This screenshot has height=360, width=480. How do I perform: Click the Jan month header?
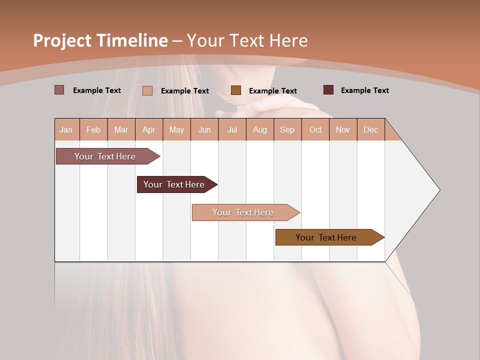pyautogui.click(x=66, y=129)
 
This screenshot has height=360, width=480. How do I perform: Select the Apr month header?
pyautogui.click(x=149, y=129)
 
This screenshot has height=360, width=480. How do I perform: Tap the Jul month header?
pyautogui.click(x=232, y=129)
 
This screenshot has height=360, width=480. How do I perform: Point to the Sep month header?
pyautogui.click(x=287, y=129)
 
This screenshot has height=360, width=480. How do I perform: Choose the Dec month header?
pyautogui.click(x=370, y=129)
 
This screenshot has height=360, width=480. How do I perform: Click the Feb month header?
pyautogui.click(x=93, y=129)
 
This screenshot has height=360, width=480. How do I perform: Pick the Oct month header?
pyautogui.click(x=315, y=129)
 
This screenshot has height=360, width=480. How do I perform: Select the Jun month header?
pyautogui.click(x=204, y=129)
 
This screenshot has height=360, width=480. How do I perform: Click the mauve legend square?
pyautogui.click(x=59, y=90)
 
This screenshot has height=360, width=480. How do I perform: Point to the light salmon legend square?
pyautogui.click(x=147, y=90)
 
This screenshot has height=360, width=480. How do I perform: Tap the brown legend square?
pyautogui.click(x=236, y=90)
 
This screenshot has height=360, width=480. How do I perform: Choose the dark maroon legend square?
pyautogui.click(x=328, y=90)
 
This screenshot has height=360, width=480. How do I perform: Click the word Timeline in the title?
pyautogui.click(x=132, y=40)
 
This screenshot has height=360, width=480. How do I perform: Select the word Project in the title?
pyautogui.click(x=62, y=40)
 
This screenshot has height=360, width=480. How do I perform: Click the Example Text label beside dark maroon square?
pyautogui.click(x=364, y=90)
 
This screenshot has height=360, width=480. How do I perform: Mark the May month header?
pyautogui.click(x=176, y=129)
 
